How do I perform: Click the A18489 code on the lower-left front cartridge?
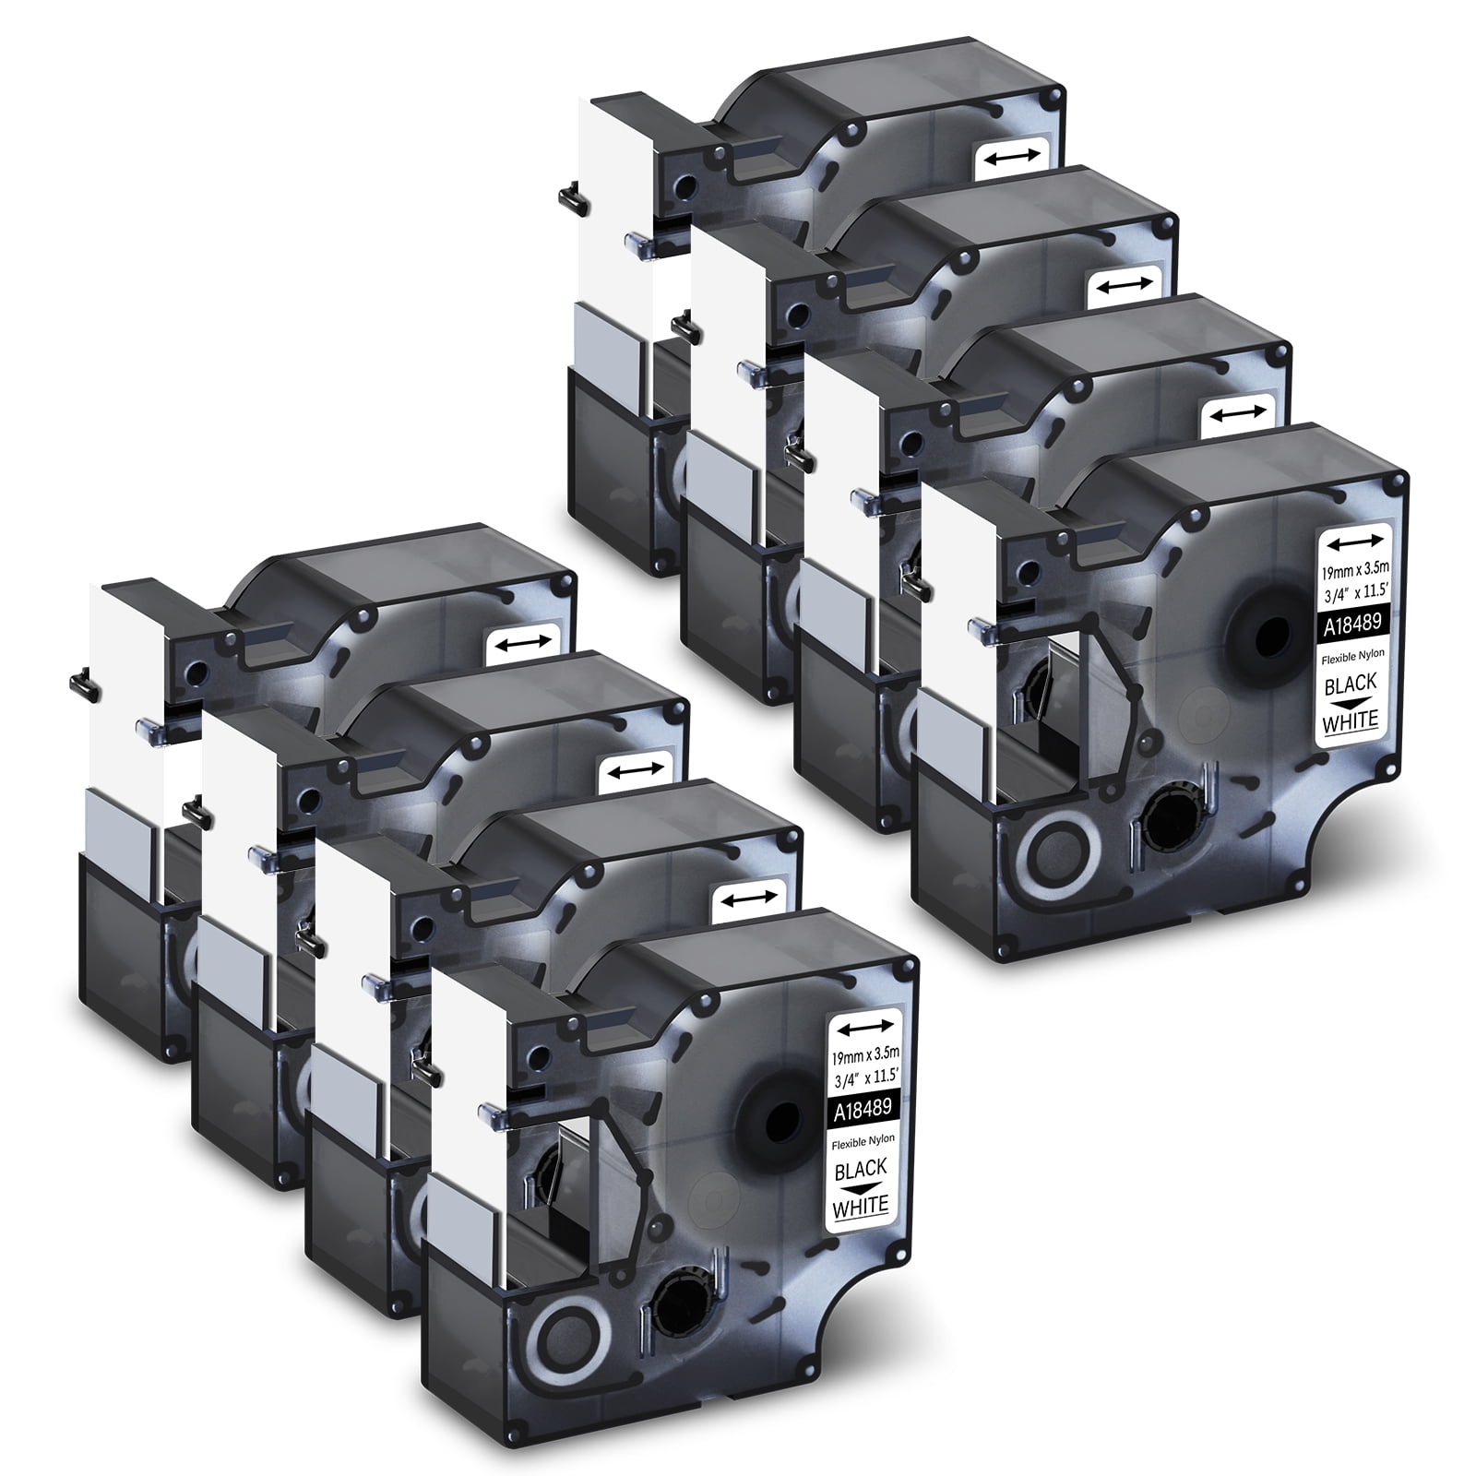click(x=861, y=1109)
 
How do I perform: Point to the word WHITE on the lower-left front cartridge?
click(x=861, y=1205)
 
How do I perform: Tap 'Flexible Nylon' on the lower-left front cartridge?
click(x=861, y=1140)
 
